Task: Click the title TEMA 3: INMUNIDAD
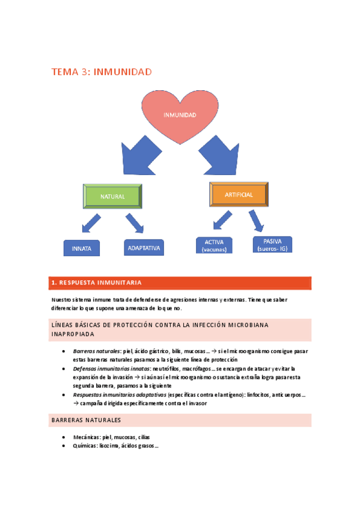click(x=102, y=72)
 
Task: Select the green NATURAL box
click(x=112, y=196)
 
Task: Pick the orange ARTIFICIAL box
click(x=239, y=195)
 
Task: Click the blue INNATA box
click(x=82, y=248)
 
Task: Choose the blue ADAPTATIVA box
click(x=145, y=247)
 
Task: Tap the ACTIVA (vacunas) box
click(x=214, y=245)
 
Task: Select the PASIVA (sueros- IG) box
click(x=272, y=244)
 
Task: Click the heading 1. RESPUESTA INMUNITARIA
click(x=97, y=282)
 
